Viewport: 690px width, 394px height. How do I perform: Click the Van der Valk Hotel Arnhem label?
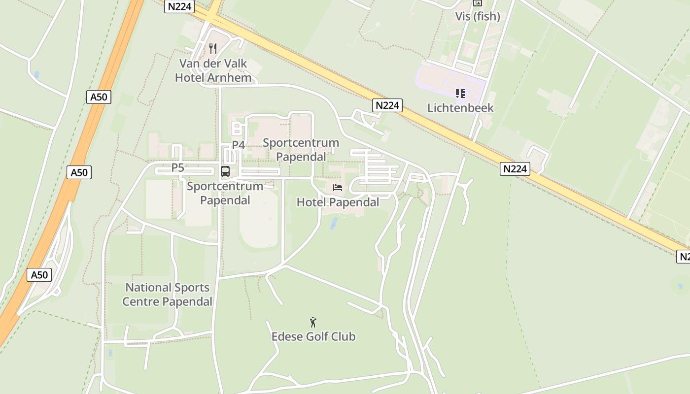[x=213, y=70]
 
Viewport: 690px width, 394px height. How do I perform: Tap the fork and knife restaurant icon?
[x=213, y=48]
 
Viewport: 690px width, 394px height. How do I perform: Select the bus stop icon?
[x=225, y=171]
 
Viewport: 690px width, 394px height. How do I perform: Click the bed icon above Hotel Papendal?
[x=338, y=188]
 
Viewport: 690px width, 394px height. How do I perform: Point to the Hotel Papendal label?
[x=338, y=202]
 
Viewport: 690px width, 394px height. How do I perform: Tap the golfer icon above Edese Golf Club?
[x=313, y=323]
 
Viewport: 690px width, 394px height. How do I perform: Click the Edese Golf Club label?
[x=313, y=336]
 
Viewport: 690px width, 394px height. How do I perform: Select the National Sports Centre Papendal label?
[x=167, y=294]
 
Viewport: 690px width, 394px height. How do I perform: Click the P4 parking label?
[x=239, y=145]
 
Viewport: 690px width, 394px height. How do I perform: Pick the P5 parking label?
[x=177, y=168]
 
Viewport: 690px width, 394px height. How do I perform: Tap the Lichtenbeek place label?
[x=460, y=108]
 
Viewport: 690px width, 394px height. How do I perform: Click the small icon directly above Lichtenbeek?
[x=460, y=93]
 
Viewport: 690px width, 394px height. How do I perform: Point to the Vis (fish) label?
[x=477, y=16]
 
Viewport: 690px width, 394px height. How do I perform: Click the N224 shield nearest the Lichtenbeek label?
[x=387, y=105]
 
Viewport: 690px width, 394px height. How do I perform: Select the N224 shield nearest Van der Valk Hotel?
[x=179, y=6]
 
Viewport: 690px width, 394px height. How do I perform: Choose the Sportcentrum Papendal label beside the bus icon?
[x=225, y=193]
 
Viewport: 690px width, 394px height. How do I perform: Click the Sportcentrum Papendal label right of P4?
[x=301, y=150]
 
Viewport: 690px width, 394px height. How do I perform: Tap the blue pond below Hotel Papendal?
[x=334, y=223]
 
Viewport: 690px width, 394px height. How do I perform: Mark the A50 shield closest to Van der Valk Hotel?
[x=99, y=97]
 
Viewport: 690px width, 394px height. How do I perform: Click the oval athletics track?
[x=259, y=219]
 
